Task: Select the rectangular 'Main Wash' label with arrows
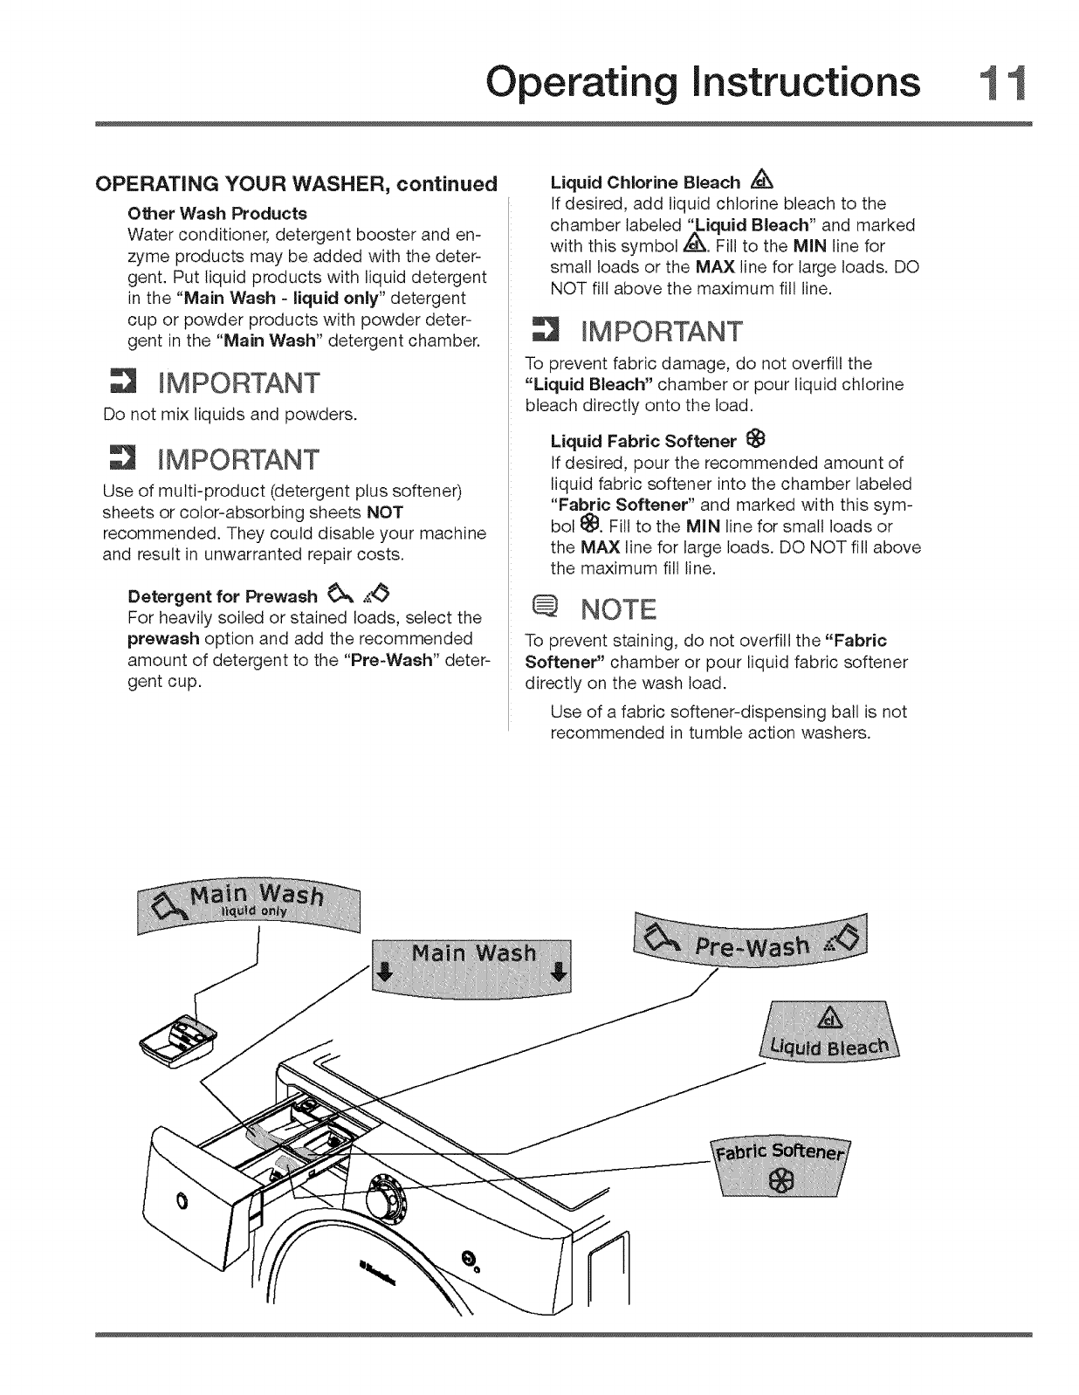tap(472, 966)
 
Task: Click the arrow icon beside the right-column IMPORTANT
tap(546, 333)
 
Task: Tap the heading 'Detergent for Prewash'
tap(223, 596)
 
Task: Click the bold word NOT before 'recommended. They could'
tap(384, 512)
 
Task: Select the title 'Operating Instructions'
tap(703, 83)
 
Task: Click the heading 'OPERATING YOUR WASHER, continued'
tap(296, 184)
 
